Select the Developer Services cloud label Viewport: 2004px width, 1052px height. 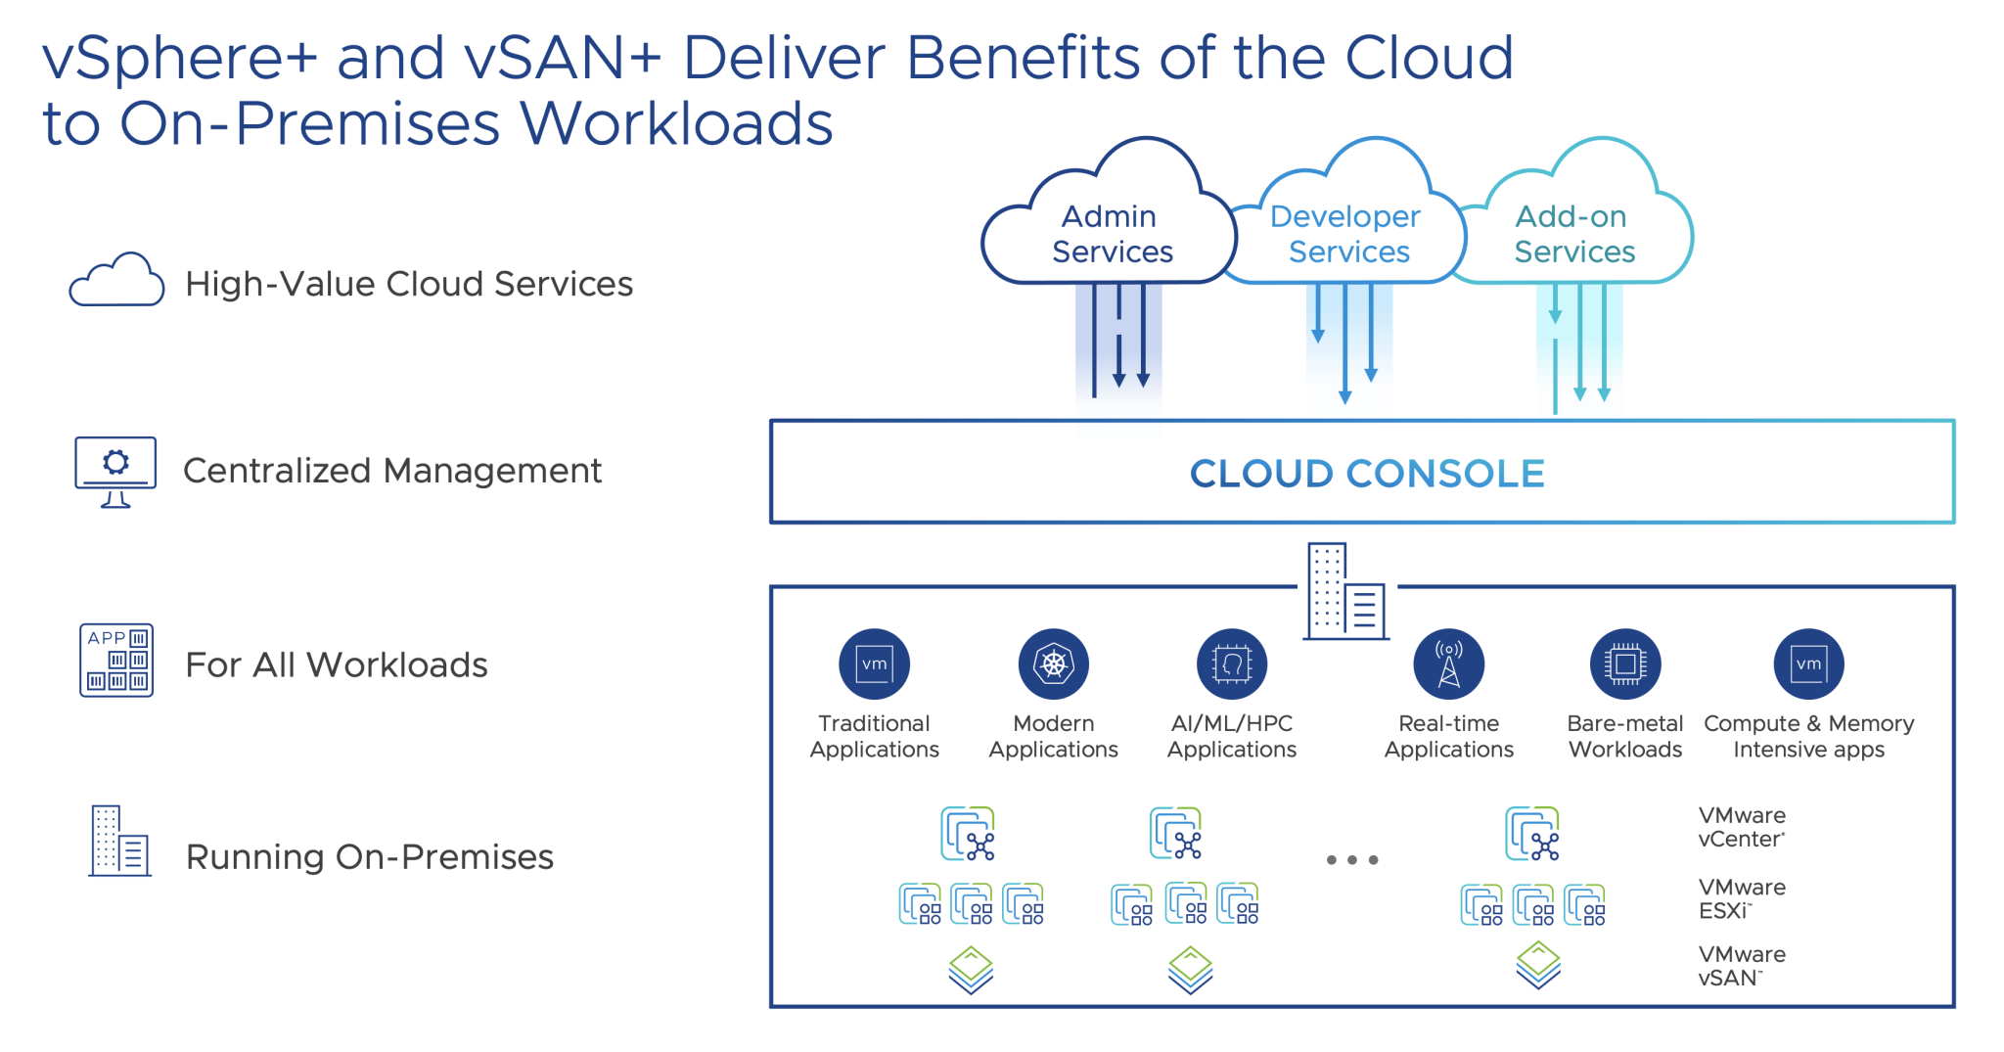[x=1347, y=234]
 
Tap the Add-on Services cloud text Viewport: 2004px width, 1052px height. [x=1573, y=234]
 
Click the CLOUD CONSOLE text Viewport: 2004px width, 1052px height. [x=1366, y=474]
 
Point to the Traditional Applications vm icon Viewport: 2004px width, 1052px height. [x=874, y=663]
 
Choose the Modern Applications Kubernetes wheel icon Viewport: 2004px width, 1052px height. [x=1053, y=663]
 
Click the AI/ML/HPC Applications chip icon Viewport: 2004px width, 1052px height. [x=1231, y=663]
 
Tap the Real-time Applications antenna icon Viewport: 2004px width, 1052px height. [x=1448, y=663]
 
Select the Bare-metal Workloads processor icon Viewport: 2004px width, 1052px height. [x=1624, y=663]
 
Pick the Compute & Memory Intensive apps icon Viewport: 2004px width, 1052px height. [x=1807, y=663]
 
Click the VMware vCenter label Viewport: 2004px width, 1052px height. [x=1741, y=827]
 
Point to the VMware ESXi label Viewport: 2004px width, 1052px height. [x=1741, y=898]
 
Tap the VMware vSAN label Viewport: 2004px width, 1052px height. [x=1741, y=966]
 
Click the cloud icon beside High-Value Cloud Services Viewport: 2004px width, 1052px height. [x=116, y=282]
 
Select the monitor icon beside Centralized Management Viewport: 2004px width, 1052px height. [x=115, y=471]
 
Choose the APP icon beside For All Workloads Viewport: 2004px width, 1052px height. [x=116, y=661]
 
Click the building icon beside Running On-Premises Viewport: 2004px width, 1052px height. [x=119, y=841]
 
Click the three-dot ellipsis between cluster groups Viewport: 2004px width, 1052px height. [x=1351, y=859]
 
